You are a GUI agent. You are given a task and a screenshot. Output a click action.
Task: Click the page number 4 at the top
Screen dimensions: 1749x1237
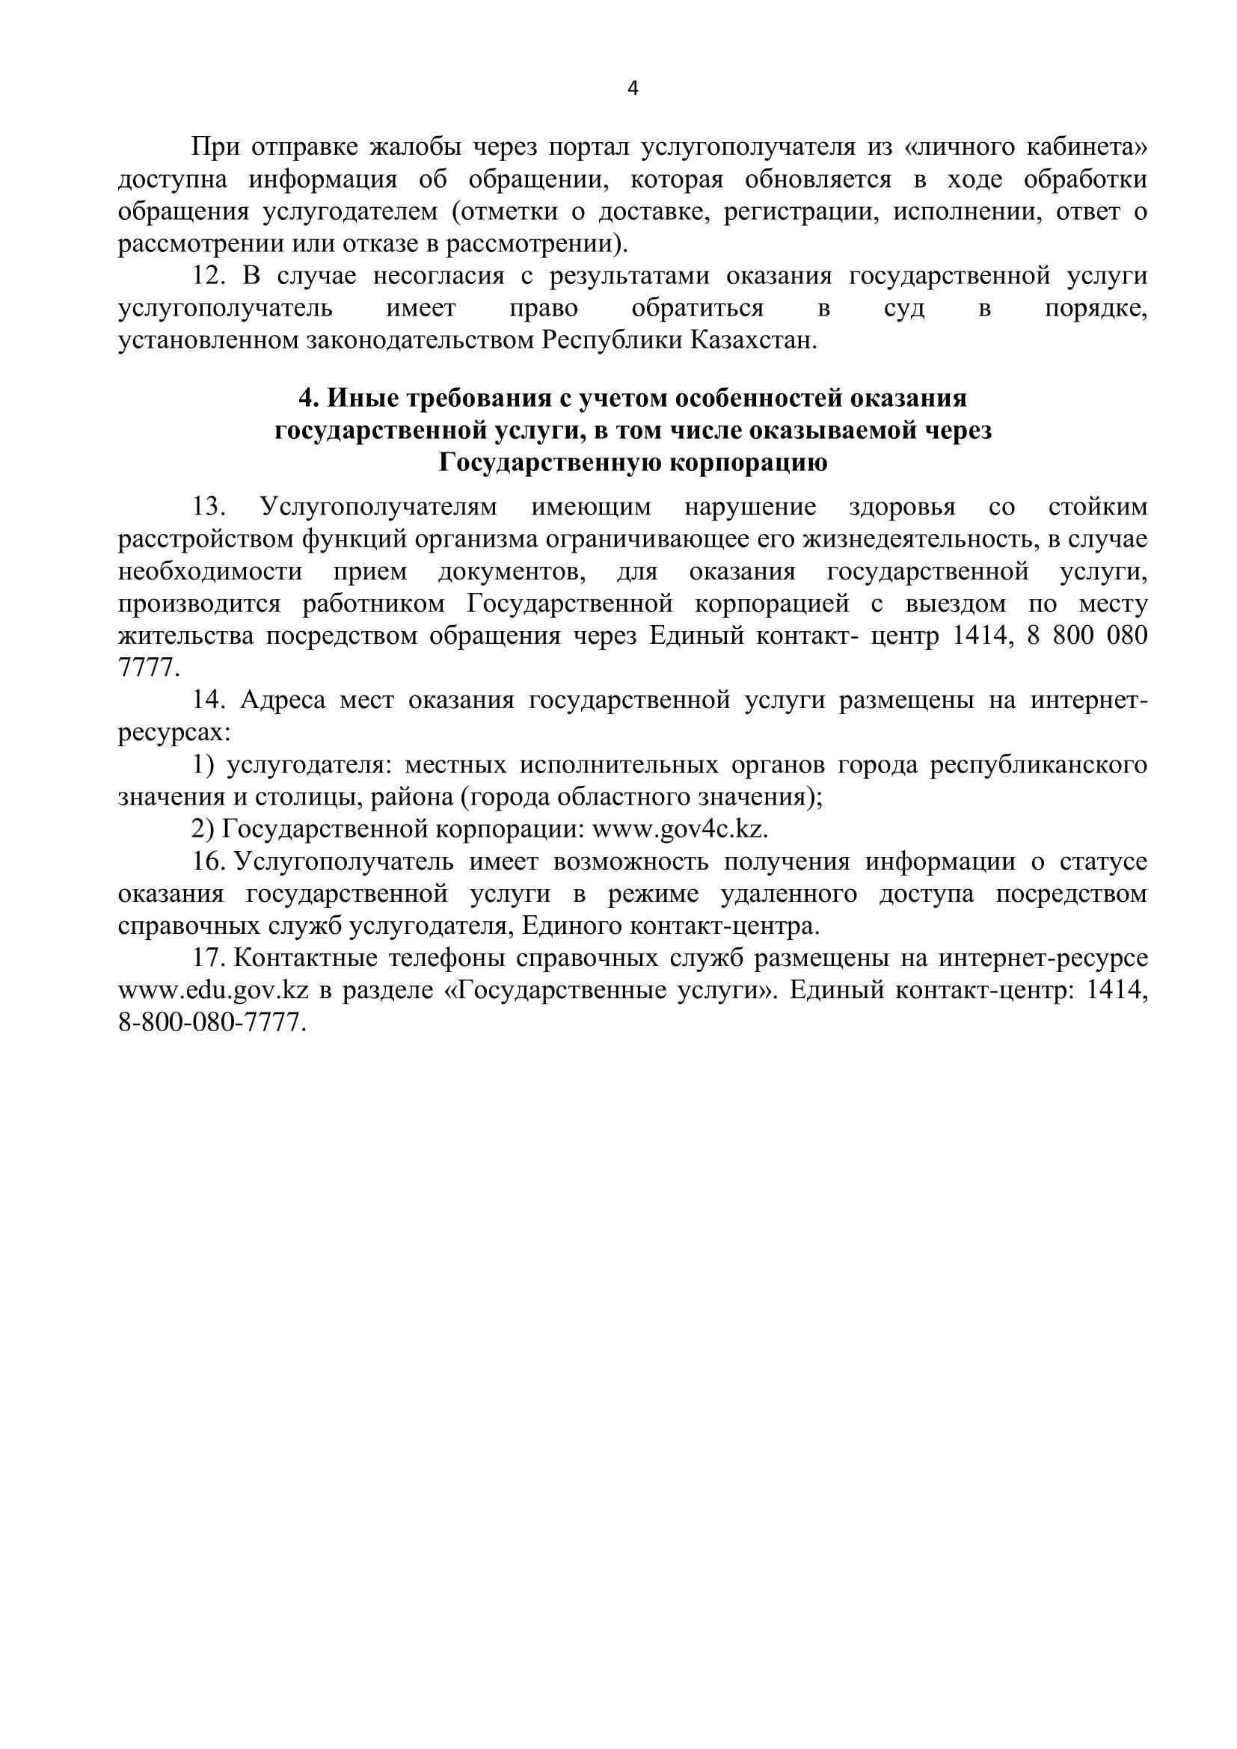pyautogui.click(x=633, y=89)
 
